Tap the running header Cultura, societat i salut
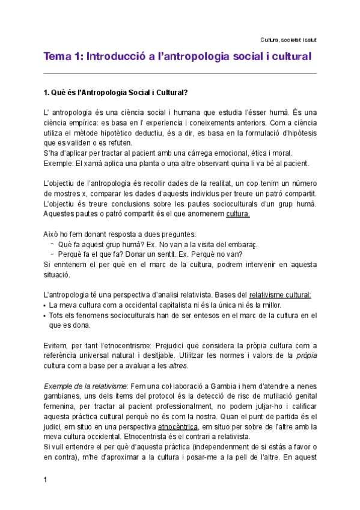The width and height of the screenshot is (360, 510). [289, 40]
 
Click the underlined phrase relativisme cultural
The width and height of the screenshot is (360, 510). [279, 295]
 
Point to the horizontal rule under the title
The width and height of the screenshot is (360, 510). [180, 73]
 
